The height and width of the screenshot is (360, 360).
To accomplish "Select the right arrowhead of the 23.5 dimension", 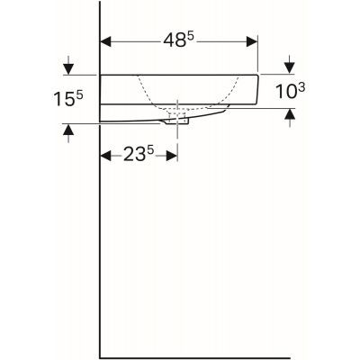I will click(172, 156).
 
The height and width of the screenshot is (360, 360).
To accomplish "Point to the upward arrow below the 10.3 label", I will click(289, 113).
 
